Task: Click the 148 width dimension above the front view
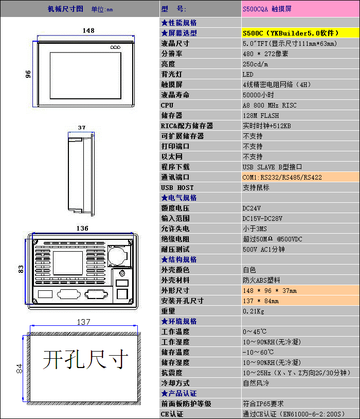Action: (88, 31)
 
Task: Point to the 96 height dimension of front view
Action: (29, 74)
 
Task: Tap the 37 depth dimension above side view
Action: (82, 127)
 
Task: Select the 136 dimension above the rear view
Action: (82, 228)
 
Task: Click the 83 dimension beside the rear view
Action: (21, 269)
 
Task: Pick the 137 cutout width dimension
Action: (84, 322)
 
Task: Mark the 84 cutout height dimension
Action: (19, 368)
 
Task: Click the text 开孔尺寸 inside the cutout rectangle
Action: (85, 360)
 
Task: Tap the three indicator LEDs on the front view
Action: (115, 47)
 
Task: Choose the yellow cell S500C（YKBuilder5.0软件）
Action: (291, 33)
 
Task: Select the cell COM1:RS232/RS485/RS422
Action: (282, 177)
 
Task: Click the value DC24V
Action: (251, 208)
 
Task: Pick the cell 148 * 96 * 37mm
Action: (269, 290)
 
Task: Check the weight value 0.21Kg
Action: (254, 311)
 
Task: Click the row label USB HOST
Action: (177, 187)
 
